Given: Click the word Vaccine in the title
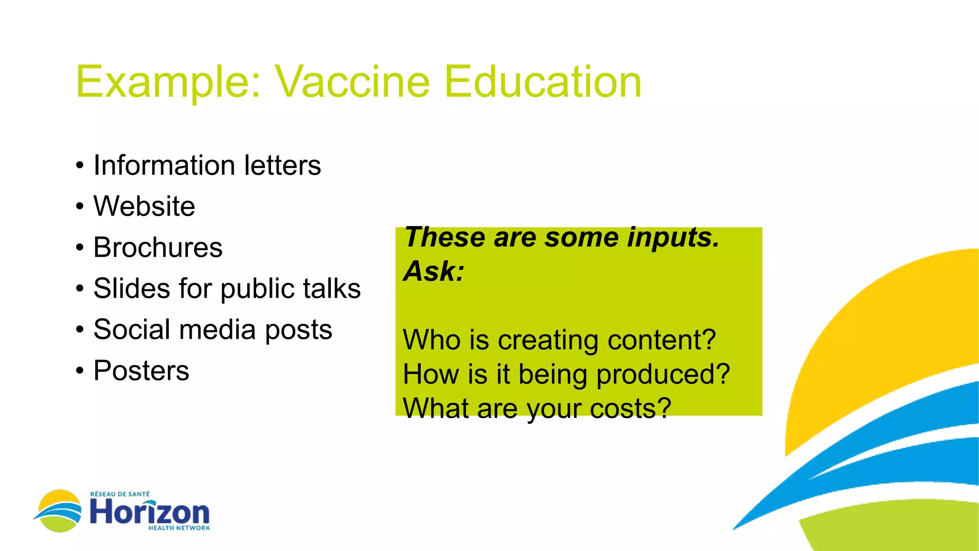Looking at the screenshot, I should click(x=352, y=82).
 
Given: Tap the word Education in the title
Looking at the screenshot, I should click(x=543, y=82).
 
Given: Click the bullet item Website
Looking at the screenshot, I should click(x=144, y=207).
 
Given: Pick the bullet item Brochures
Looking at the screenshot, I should click(x=158, y=248).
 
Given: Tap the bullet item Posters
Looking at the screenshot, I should click(x=141, y=371).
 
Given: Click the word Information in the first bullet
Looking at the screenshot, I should click(x=164, y=165).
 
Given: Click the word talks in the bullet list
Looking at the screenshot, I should click(x=334, y=288).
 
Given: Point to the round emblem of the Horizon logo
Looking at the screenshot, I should click(x=59, y=511).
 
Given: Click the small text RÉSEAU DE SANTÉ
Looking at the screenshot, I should click(x=120, y=494).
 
